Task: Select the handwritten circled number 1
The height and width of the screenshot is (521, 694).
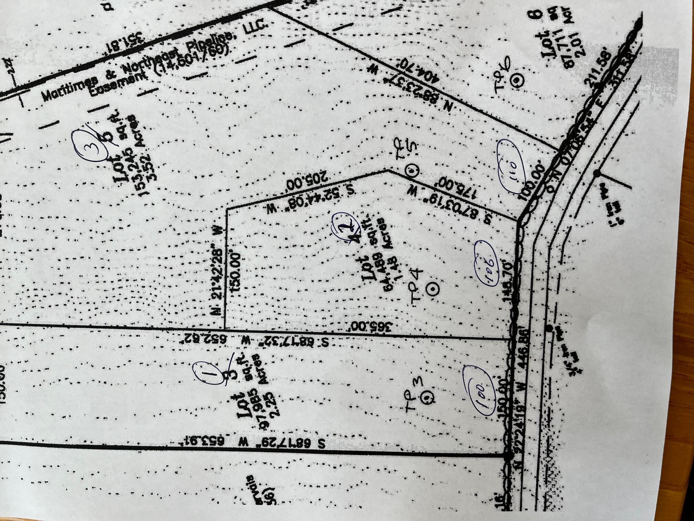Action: pos(205,372)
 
